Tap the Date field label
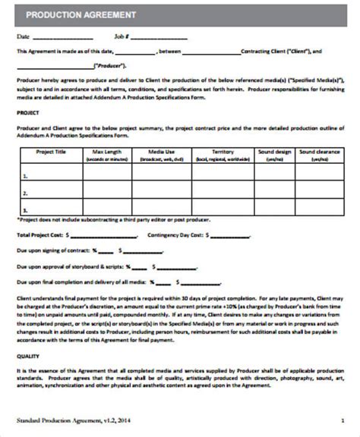pos(23,36)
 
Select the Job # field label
pos(122,36)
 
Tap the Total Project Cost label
pos(40,236)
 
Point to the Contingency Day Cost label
pos(175,236)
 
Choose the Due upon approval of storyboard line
pos(68,267)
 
